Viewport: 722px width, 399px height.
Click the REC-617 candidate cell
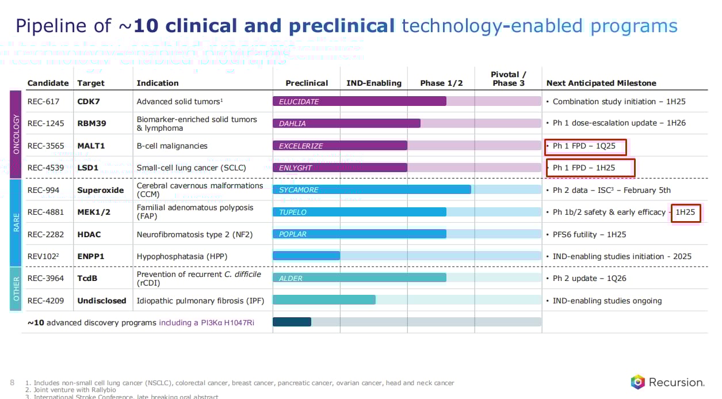43,101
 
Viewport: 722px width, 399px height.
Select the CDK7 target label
89,101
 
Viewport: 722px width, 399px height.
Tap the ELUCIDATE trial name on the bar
299,101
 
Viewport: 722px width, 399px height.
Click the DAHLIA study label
292,123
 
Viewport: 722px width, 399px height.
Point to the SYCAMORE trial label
299,190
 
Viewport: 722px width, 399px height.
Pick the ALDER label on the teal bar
291,279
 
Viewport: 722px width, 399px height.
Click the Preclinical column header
307,83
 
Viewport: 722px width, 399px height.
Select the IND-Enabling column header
374,83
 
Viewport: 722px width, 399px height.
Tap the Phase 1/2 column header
441,83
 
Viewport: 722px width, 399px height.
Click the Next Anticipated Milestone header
601,83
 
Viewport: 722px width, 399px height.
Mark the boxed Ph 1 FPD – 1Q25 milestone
586,146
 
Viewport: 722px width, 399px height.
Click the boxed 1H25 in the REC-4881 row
685,212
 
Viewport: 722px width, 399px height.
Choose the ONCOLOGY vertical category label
16,134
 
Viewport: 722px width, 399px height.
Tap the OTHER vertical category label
16,289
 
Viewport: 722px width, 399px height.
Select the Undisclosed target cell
102,301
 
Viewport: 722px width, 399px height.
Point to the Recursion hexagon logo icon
637,382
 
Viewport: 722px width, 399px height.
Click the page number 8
13,382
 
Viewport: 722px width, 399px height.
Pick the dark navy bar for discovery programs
292,322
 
